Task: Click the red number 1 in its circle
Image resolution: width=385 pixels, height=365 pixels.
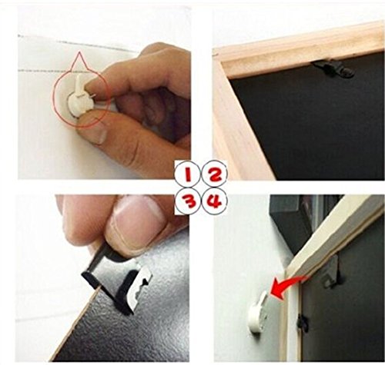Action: point(188,174)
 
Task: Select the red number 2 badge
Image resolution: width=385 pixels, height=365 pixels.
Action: point(215,174)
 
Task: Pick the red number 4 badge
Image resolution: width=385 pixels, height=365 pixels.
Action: point(215,201)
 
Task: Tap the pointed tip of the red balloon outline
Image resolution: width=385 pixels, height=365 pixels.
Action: point(79,52)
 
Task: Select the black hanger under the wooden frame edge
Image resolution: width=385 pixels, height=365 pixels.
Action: point(333,69)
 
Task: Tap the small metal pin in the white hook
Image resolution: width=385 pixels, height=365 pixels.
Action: point(92,95)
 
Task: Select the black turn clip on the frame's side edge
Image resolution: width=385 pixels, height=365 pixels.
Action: point(303,324)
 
